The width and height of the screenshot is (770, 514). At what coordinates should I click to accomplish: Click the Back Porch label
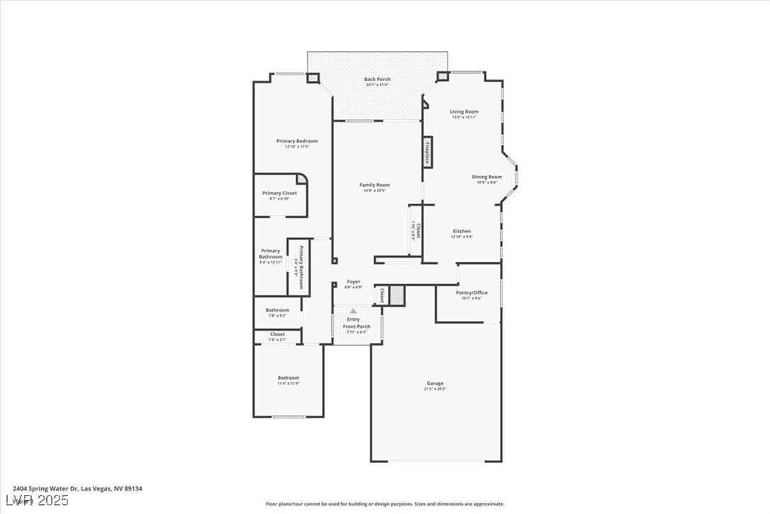coord(377,80)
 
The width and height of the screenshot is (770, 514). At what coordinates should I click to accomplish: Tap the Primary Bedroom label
coord(297,141)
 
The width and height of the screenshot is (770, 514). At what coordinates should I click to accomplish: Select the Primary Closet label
coord(279,193)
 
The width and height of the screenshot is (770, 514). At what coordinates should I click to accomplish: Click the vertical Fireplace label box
coord(428,152)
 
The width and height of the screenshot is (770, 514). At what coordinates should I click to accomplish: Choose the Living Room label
coord(464,111)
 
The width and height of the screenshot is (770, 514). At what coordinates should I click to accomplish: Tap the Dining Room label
coord(487,177)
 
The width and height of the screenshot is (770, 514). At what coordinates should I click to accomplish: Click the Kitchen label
coord(462,231)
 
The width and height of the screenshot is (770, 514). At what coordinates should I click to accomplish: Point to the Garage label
coord(435,383)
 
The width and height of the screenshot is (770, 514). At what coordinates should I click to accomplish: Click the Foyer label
coord(353,282)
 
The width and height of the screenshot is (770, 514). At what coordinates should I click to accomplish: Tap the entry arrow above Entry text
coord(353,311)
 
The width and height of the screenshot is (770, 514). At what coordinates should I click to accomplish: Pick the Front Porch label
coord(357,327)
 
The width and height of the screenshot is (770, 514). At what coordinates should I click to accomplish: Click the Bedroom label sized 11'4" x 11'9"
coord(288,378)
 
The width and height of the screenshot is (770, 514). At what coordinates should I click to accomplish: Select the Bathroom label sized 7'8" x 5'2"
coord(277,310)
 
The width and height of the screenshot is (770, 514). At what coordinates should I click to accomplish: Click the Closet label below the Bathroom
coord(277,334)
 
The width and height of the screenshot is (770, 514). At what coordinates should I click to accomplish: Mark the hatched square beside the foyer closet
coord(397,295)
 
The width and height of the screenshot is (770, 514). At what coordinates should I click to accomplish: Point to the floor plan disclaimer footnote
coord(385,504)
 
